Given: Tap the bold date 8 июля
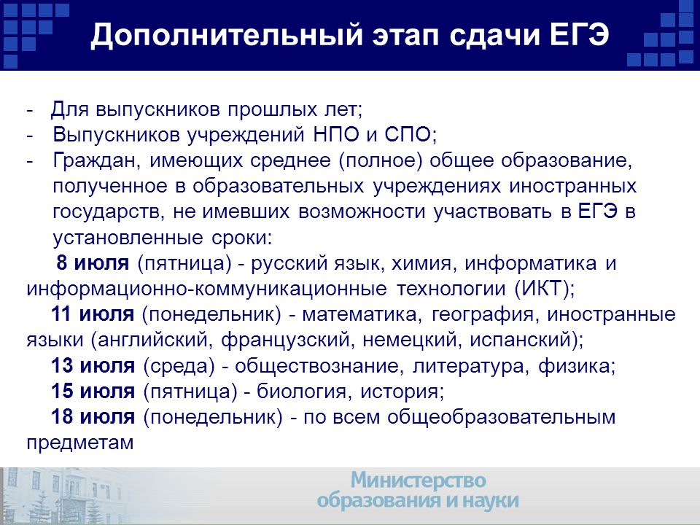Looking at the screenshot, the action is (93, 263).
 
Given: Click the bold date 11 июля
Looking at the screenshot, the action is (93, 314).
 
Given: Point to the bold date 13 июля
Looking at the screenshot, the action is (93, 365).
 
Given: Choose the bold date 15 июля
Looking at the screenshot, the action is (93, 391).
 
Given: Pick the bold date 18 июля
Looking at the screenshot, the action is (93, 417).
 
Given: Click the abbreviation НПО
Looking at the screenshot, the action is (336, 134).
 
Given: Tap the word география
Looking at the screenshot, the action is (483, 315).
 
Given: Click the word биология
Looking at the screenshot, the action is (301, 392).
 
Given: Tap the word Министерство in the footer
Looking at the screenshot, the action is (419, 481).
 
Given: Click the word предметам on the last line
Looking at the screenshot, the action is (80, 443).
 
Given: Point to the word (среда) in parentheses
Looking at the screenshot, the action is (179, 366).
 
